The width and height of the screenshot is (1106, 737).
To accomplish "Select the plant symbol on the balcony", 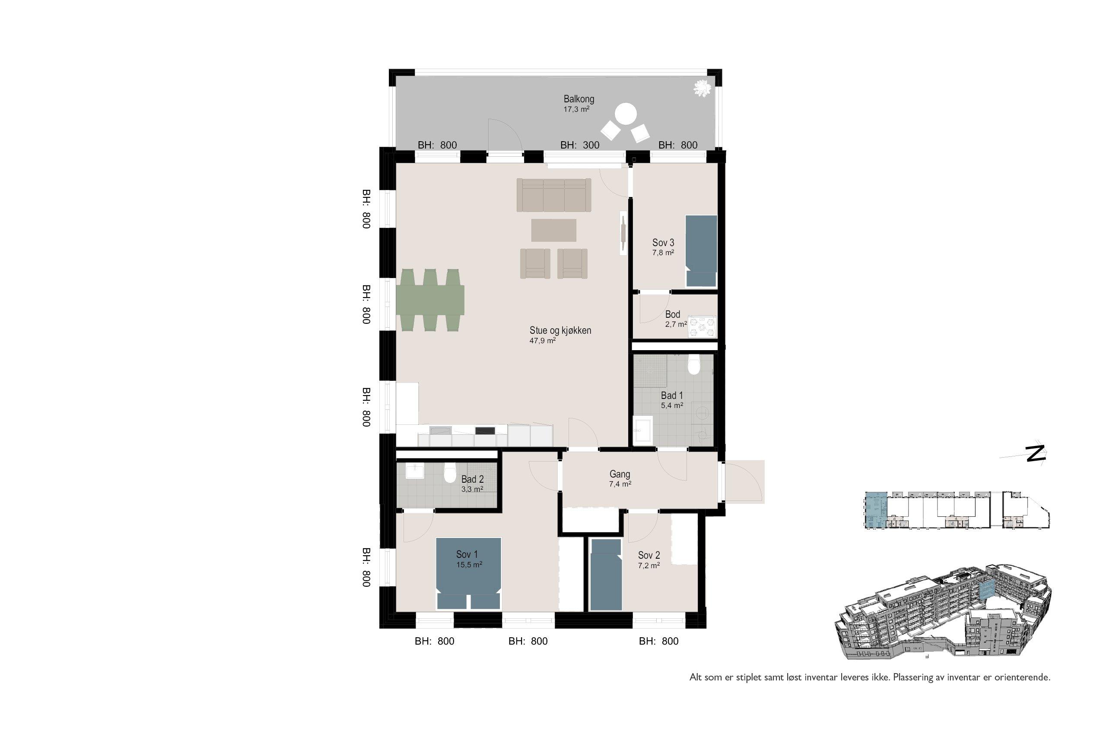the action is pos(702,88).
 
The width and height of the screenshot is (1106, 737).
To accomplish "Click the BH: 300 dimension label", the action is pos(580,145).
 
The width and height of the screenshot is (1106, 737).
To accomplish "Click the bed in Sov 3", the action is pos(701,251).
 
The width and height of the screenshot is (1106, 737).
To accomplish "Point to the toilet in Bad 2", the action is pos(450,474).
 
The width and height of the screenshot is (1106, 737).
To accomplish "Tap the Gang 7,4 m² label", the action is pos(620,478).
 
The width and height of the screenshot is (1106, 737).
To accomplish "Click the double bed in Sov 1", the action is pos(468,573).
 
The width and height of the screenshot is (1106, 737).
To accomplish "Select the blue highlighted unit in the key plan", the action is pos(876,510).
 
